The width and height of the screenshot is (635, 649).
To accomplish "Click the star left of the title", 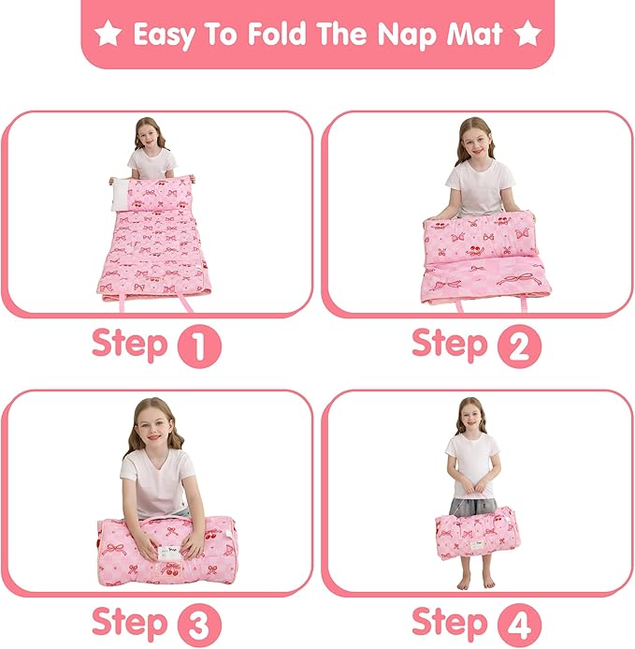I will click(108, 35).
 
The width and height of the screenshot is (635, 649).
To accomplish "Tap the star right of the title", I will click(527, 35).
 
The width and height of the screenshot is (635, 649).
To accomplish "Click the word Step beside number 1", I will click(129, 345).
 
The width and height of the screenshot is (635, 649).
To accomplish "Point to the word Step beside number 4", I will click(450, 622).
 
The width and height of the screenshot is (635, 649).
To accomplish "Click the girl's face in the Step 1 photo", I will click(149, 137).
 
